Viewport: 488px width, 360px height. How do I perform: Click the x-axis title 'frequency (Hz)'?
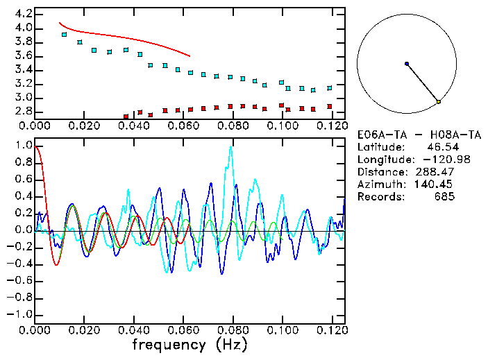[189, 345]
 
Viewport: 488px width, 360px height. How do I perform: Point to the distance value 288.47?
[437, 172]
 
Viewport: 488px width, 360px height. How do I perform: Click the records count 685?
[444, 197]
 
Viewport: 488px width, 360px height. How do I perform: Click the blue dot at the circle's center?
[407, 64]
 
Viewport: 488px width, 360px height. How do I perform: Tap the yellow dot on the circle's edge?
[439, 102]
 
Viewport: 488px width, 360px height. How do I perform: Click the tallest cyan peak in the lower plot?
[230, 147]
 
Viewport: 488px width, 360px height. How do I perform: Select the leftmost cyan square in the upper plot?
[65, 34]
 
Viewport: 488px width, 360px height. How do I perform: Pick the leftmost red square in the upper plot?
[126, 117]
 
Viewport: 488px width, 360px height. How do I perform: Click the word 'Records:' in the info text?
[380, 197]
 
